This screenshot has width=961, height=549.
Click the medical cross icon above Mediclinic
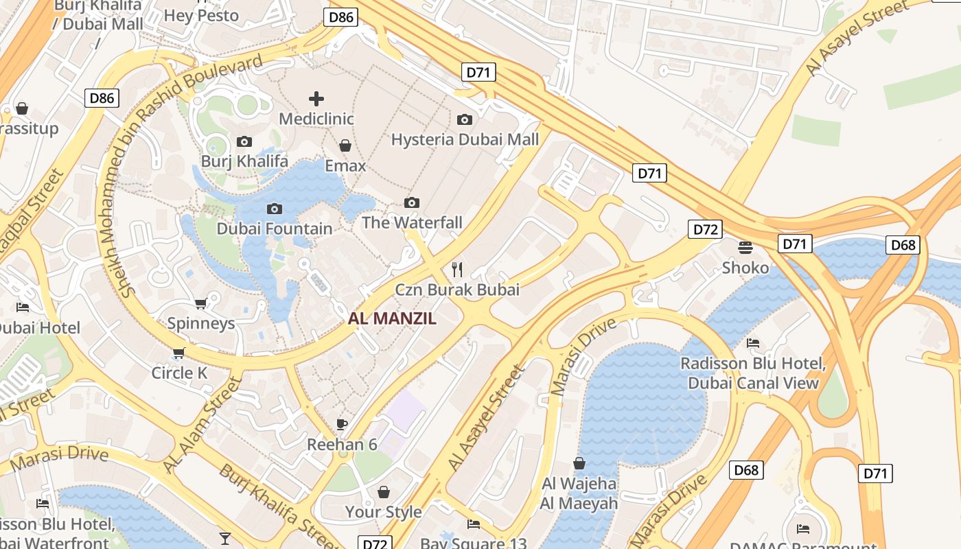pos(316,99)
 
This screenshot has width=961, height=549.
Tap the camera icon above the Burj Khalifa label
pos(244,142)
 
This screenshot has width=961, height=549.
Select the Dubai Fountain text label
pos(275,229)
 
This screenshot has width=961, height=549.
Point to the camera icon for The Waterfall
pos(412,202)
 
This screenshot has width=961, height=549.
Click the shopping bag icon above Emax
pos(345,145)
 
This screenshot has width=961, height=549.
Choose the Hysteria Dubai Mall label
pos(465,139)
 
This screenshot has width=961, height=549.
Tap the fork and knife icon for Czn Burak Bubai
pos(457,270)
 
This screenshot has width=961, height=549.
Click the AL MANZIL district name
pos(392,318)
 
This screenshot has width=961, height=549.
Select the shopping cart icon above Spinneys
pos(200,303)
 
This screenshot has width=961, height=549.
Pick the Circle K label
pos(179,373)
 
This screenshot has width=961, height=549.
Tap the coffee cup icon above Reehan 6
pos(342,424)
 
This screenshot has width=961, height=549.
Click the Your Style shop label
pos(383,512)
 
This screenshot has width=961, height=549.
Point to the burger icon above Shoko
pos(745,247)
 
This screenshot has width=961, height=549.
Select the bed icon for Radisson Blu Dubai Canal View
pos(753,343)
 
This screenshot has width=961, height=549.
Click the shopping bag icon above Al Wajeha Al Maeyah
pos(579,463)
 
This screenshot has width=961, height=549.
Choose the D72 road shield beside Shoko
pos(705,229)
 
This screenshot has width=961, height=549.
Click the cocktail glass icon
pos(225,537)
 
